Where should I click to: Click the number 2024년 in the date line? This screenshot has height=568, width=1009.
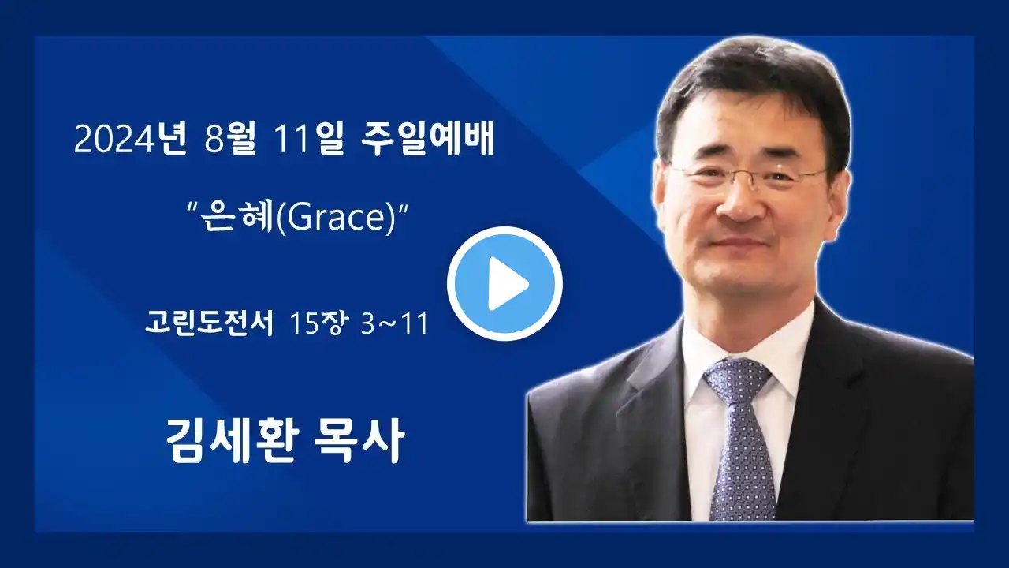130,138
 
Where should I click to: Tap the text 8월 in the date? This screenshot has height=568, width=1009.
229,138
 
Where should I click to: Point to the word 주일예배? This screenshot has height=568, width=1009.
428,138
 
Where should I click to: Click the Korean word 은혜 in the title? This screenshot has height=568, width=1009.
236,217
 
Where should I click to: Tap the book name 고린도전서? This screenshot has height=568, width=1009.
209,323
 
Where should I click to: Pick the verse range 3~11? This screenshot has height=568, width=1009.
394,323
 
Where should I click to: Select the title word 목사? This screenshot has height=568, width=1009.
359,440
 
